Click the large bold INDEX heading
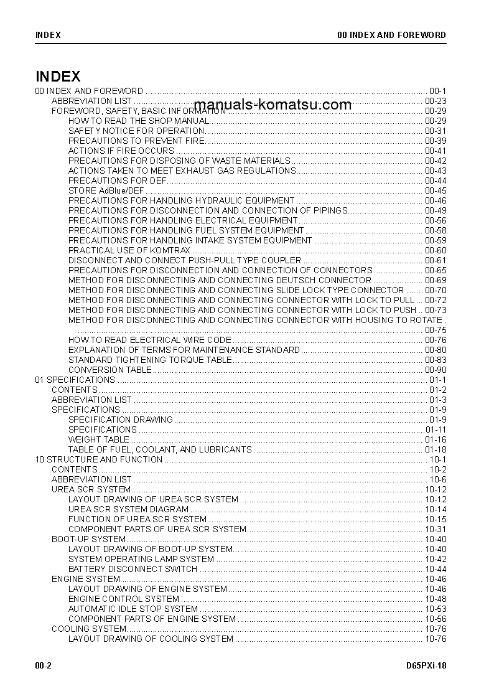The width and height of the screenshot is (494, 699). coord(58,77)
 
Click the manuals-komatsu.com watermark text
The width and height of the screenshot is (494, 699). coord(273,105)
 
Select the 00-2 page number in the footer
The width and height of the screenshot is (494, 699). coord(43,665)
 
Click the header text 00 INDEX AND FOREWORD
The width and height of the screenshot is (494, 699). coord(391,35)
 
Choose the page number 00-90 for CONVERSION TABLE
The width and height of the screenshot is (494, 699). coord(436,370)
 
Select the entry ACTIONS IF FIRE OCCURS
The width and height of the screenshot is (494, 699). coord(121,151)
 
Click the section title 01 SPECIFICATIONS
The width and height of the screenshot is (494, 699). coord(75,380)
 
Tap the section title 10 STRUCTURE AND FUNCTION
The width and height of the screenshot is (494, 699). coord(99,459)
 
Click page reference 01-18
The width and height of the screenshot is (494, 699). coord(436,449)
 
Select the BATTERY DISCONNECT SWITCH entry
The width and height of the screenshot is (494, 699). coord(133,569)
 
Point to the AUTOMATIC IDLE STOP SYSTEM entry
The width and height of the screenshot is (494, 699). coord(133,609)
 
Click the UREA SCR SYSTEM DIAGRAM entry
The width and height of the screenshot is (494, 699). coord(128,509)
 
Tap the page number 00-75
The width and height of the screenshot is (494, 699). coord(436,330)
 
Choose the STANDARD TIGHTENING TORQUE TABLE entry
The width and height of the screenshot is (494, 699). coord(150,360)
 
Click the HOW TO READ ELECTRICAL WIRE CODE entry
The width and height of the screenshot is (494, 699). coord(149,340)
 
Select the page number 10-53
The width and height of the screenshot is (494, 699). coord(436,609)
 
